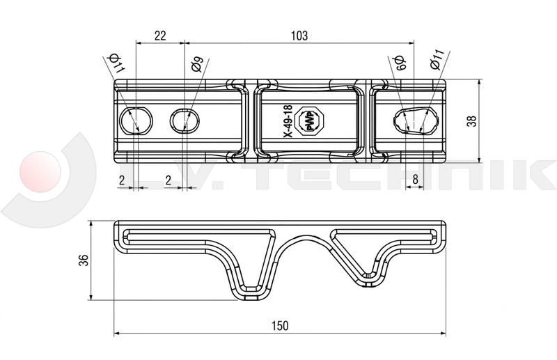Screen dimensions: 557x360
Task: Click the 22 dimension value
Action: [160, 36]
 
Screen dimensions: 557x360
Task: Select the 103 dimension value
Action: [299, 36]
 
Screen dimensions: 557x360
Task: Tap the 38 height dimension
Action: [471, 121]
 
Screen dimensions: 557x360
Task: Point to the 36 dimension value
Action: [84, 260]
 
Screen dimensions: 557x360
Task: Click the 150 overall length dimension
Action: [281, 325]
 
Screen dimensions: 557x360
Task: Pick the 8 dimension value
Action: [415, 180]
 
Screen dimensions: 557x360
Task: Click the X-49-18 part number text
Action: [288, 121]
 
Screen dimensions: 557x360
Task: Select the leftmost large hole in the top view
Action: [136, 120]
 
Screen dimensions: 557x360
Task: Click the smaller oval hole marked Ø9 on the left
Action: [185, 120]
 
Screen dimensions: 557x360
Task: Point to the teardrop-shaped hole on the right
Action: [416, 120]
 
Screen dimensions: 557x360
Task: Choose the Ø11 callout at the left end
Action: [117, 63]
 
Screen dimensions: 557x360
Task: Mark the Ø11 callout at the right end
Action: [437, 59]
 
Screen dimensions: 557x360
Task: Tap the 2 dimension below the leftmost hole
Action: [122, 180]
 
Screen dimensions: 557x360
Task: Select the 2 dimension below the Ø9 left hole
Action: [168, 180]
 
